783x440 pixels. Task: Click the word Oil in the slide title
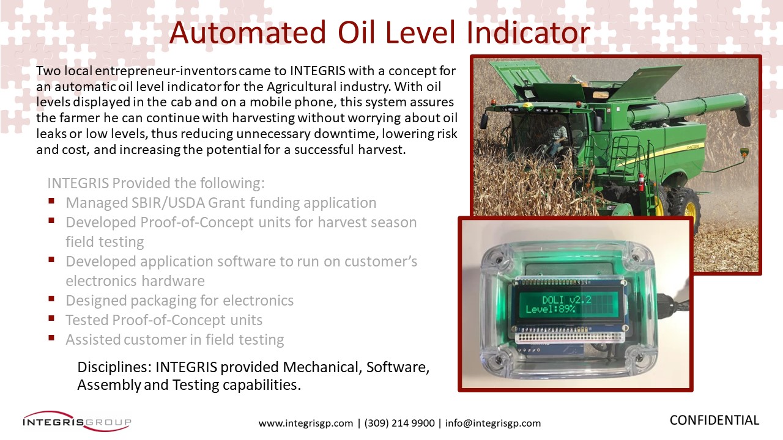(x=356, y=32)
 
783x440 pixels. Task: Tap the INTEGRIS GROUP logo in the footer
(x=77, y=422)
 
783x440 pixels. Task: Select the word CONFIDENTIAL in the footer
(x=714, y=420)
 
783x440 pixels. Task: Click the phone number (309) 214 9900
(x=399, y=424)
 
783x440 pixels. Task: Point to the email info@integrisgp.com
(x=493, y=424)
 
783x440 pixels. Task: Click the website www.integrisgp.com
(x=306, y=424)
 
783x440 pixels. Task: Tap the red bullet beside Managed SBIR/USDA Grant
(x=51, y=201)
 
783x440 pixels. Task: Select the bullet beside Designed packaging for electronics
(x=51, y=299)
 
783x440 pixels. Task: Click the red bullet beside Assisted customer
(x=51, y=338)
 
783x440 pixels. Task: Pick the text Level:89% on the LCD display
(x=550, y=309)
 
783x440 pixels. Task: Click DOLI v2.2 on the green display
(x=566, y=299)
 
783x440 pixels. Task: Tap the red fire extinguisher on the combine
(x=640, y=182)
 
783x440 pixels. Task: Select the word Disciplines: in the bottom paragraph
(x=114, y=367)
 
